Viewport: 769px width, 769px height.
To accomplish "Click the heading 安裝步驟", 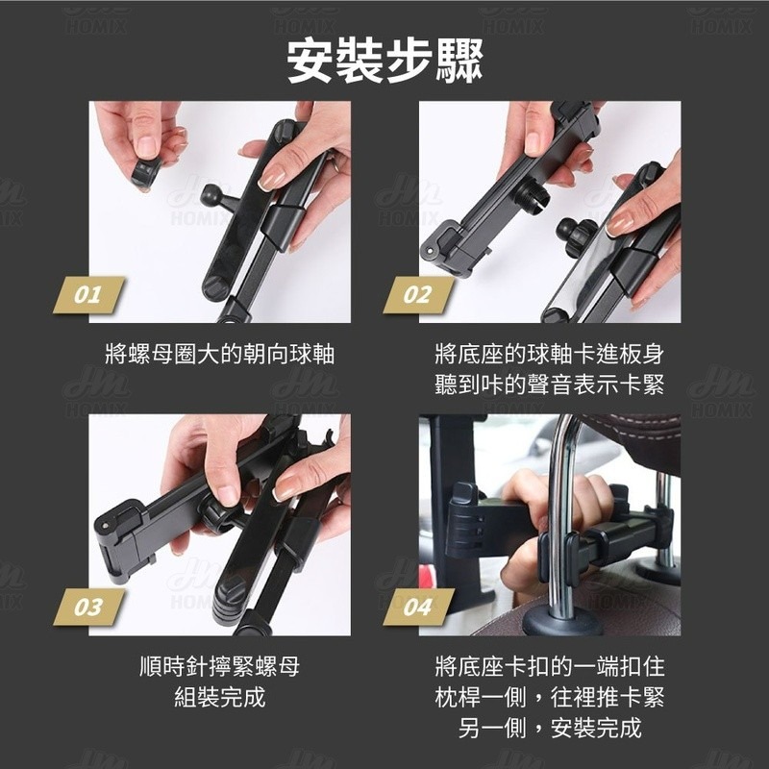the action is tap(385, 62).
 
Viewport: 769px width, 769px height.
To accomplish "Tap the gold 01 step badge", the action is tap(88, 295).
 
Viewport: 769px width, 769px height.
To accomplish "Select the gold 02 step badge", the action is tap(418, 295).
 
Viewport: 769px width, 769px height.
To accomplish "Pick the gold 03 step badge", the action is tap(88, 608).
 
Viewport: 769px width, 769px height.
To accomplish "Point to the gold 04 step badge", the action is tap(418, 608).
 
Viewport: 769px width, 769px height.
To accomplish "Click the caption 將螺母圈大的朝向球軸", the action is tap(220, 354).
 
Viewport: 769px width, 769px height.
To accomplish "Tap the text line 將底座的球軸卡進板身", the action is tap(549, 354).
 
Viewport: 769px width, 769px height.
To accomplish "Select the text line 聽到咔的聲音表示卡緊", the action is tap(549, 384).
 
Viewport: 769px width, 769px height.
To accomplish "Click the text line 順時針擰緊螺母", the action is tap(220, 666).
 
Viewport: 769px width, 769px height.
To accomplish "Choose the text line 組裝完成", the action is tap(220, 697).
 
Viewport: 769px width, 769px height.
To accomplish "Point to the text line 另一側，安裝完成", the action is tap(549, 728).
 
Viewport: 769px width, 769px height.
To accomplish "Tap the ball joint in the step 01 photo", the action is tap(213, 195).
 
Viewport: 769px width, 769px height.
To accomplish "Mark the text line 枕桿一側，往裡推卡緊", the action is tap(549, 697).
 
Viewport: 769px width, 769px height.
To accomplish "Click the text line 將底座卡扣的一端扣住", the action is tap(549, 666).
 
